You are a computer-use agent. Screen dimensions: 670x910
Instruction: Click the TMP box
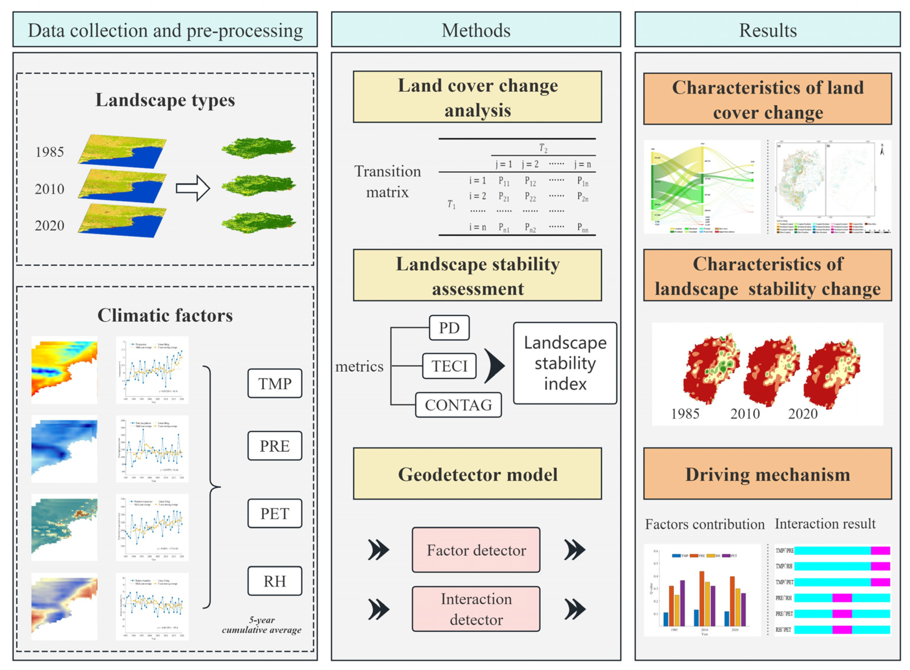tap(274, 383)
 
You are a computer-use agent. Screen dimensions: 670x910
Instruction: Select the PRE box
tap(274, 446)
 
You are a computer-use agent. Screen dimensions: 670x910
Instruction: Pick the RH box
tap(274, 581)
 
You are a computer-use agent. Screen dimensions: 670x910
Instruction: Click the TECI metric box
tap(449, 366)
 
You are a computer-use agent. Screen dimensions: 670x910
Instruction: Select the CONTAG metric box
tap(458, 405)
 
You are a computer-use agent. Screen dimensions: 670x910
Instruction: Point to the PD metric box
tap(449, 328)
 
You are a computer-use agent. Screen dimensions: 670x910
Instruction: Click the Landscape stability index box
tap(565, 363)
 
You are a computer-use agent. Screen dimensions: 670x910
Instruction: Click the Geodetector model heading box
tap(477, 474)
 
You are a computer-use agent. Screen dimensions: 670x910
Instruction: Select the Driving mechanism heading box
tap(767, 474)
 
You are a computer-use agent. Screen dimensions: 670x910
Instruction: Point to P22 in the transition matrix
tap(530, 197)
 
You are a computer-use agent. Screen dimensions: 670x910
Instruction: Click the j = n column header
tap(583, 164)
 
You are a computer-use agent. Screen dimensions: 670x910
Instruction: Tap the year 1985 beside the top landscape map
tap(49, 152)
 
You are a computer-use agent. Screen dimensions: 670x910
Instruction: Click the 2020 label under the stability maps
tap(803, 414)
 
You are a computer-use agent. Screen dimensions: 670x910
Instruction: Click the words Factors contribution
tap(704, 524)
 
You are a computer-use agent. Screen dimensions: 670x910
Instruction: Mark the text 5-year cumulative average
tap(262, 625)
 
